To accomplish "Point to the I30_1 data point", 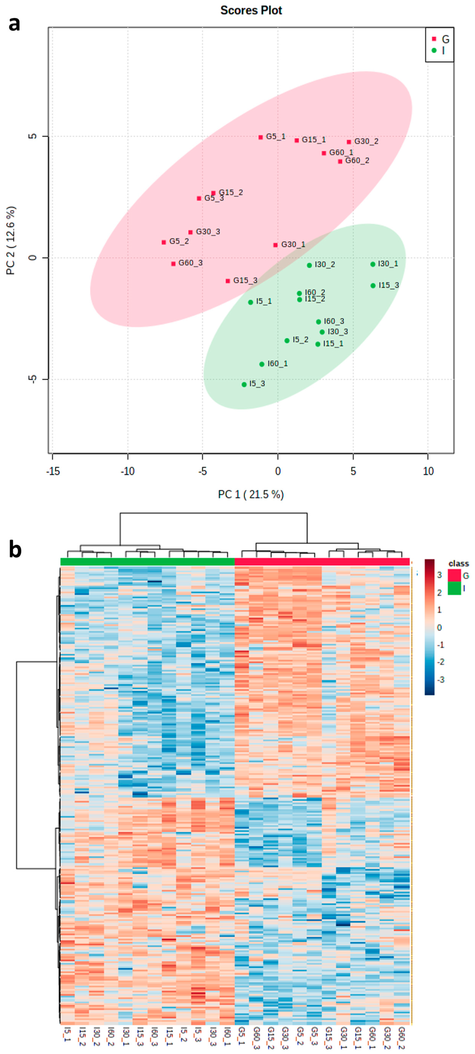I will click(x=373, y=264).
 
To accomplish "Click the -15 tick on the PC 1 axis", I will click(x=53, y=471).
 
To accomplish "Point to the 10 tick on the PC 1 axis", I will click(x=428, y=471).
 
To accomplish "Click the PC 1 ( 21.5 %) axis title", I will click(x=251, y=495).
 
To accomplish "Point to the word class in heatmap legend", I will click(x=458, y=563).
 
